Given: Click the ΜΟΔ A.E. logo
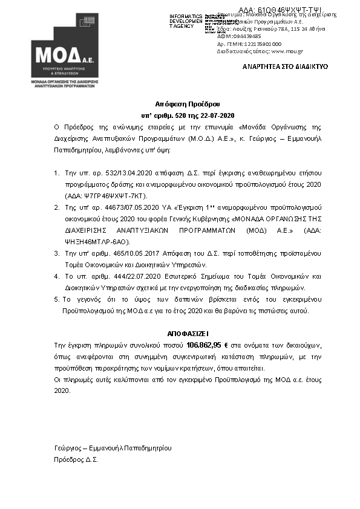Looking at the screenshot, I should (x=64, y=51).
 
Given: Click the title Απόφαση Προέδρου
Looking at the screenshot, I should (x=180, y=104).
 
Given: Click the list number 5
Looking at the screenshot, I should (x=56, y=299).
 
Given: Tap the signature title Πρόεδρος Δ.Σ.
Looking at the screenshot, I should (x=76, y=459).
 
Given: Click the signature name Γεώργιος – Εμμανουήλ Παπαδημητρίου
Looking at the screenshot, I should (x=113, y=448).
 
